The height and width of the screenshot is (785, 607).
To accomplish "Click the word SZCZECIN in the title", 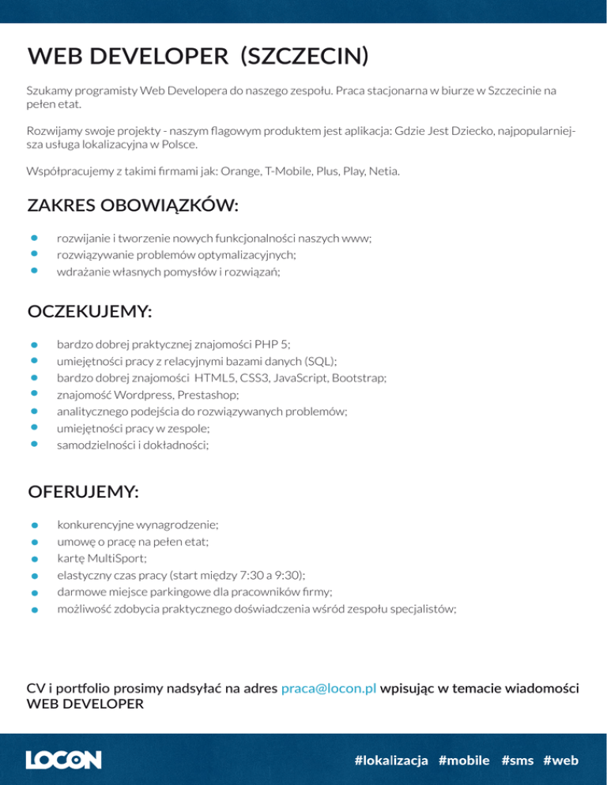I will [304, 56].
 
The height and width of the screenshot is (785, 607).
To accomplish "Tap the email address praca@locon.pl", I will [328, 689].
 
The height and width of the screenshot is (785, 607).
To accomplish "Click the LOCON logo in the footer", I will [63, 760].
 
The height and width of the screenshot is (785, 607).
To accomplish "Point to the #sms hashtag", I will [517, 761].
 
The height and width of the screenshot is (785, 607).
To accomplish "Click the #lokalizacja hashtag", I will [391, 761].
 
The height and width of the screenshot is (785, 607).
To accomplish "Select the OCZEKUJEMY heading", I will [90, 312].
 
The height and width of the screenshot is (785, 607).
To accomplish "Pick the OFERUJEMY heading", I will [83, 492].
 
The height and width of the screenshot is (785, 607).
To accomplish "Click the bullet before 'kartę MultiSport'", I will [35, 558].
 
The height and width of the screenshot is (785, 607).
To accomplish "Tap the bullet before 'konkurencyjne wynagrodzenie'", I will [35, 524].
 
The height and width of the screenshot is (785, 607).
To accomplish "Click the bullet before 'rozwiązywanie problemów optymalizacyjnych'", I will [35, 254].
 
